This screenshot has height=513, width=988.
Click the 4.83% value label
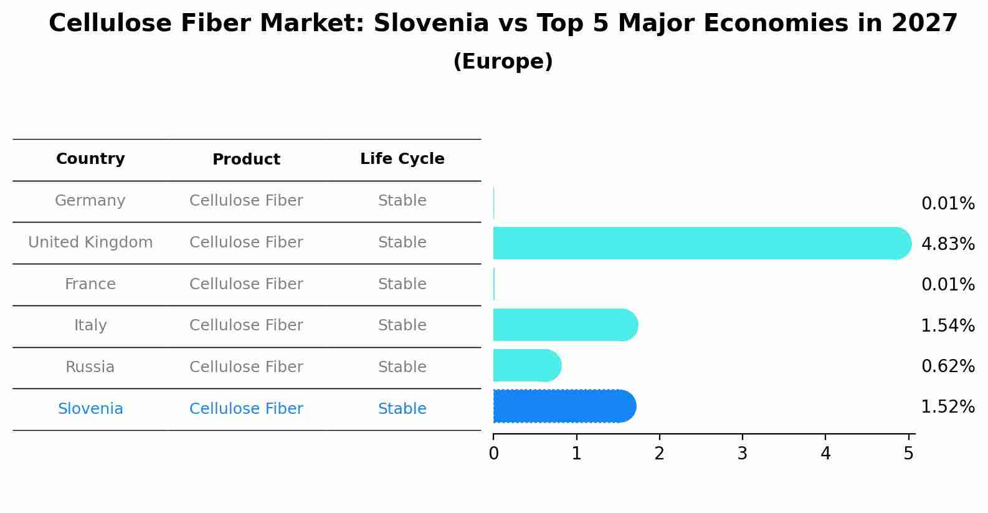(x=948, y=244)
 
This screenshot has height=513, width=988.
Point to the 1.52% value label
(x=948, y=407)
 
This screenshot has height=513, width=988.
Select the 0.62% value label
(x=948, y=366)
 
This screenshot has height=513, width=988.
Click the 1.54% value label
(x=948, y=325)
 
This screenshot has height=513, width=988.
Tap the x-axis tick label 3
(x=742, y=454)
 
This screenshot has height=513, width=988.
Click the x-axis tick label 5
(x=908, y=454)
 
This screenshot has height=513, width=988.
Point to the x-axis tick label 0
(x=493, y=454)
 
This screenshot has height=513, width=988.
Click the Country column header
(x=90, y=159)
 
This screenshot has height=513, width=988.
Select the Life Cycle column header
(x=402, y=159)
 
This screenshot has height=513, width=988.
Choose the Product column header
(x=246, y=160)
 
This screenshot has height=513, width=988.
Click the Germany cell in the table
(x=90, y=201)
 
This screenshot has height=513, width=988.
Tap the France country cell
(x=90, y=284)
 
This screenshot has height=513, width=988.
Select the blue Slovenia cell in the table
(x=90, y=409)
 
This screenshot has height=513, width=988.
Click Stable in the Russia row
(x=402, y=367)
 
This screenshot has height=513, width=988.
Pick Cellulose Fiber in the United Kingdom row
(x=246, y=242)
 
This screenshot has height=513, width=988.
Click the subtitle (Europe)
(x=503, y=62)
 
